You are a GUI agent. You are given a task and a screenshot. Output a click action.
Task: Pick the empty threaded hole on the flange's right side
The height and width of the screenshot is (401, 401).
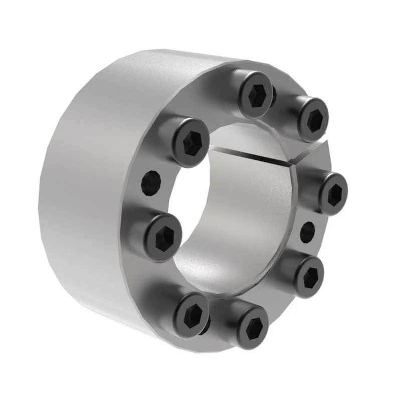[x=308, y=231]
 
